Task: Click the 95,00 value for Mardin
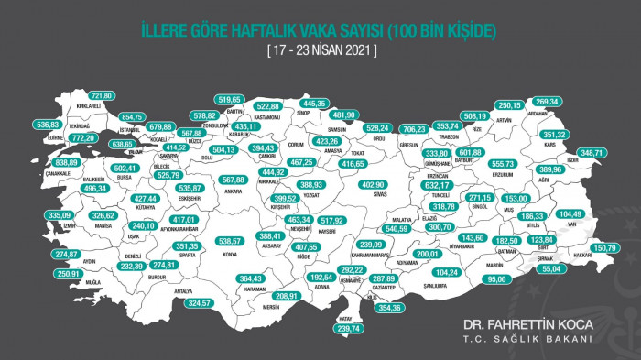(x=497, y=278)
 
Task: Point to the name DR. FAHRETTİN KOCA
(x=527, y=324)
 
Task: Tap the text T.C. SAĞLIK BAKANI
(x=528, y=339)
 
